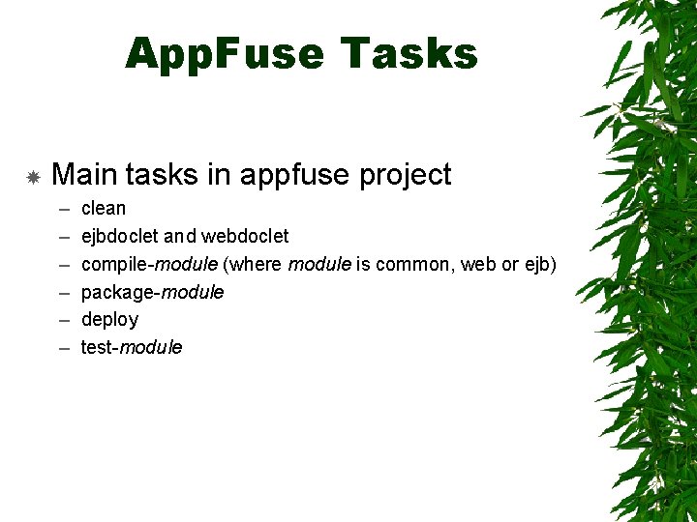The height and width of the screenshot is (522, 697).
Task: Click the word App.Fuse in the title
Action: point(226,54)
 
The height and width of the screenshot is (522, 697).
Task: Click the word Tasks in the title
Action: point(409,54)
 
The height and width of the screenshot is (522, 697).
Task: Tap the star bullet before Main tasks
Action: point(32,177)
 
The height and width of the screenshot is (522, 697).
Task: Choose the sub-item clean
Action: point(104,208)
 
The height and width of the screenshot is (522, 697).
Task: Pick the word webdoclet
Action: point(245,236)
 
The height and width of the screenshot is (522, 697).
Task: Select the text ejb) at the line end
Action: point(540,264)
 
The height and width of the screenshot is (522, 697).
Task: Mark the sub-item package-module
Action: point(152,292)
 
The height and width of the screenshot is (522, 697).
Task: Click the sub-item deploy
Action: point(109,320)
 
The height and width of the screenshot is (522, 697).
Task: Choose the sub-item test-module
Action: point(131,347)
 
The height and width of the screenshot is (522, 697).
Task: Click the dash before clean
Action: point(63,209)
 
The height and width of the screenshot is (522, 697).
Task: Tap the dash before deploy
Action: point(63,320)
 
